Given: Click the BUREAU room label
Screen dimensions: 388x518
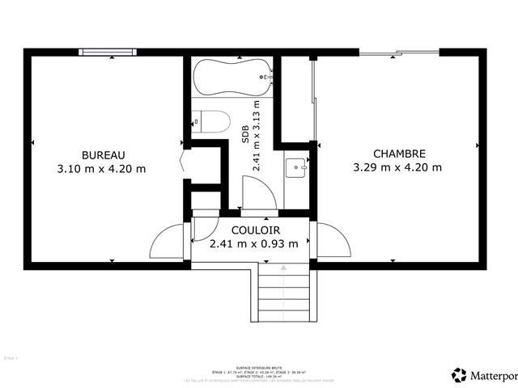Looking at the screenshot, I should [103, 154].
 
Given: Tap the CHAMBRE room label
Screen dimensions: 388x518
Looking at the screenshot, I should [398, 154].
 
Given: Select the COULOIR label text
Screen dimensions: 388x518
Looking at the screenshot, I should [253, 230].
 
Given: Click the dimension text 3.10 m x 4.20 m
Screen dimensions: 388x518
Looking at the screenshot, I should [102, 169].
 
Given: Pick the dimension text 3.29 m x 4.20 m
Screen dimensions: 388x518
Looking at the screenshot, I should [397, 168].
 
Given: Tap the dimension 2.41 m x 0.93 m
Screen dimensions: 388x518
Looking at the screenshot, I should [253, 243].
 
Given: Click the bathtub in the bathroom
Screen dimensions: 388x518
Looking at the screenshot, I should [231, 78].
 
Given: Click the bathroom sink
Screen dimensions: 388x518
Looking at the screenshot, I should [295, 168].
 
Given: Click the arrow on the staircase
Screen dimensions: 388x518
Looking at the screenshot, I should [283, 267].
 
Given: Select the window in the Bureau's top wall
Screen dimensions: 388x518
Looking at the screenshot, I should [108, 53].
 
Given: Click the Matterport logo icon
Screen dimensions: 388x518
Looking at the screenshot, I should [460, 374].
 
